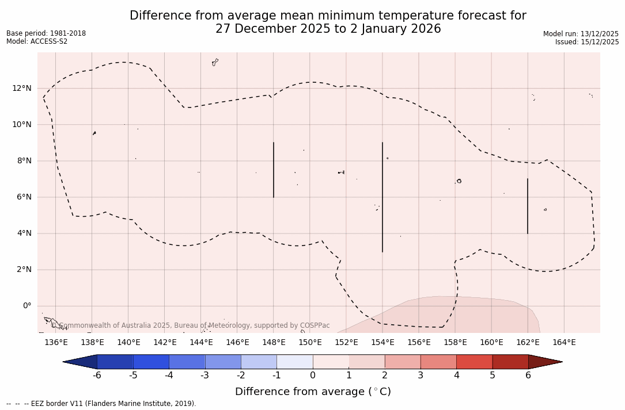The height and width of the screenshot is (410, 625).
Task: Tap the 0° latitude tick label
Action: click(26, 306)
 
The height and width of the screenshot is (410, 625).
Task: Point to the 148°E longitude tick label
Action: click(274, 343)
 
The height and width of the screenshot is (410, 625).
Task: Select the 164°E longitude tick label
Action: click(564, 343)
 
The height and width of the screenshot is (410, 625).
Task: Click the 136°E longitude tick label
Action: click(56, 343)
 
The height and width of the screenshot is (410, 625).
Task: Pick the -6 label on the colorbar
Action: click(97, 375)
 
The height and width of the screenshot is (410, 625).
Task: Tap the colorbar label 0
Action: click(313, 375)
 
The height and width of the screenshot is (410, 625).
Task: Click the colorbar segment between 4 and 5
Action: click(474, 362)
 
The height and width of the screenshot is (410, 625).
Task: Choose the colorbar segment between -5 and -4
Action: click(151, 362)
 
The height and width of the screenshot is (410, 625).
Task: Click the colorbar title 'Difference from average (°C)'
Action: click(313, 392)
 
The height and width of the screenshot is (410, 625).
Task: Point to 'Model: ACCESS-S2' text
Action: click(37, 41)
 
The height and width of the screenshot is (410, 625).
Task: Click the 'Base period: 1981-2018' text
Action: click(46, 33)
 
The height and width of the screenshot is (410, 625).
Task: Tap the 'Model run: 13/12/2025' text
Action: click(581, 34)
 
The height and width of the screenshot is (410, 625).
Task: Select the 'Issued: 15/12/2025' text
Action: click(587, 42)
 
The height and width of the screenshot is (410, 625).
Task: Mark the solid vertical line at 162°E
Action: click(528, 206)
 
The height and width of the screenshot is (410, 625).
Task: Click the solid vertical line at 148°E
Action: click(274, 170)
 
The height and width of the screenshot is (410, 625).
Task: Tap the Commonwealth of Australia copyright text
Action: click(190, 325)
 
